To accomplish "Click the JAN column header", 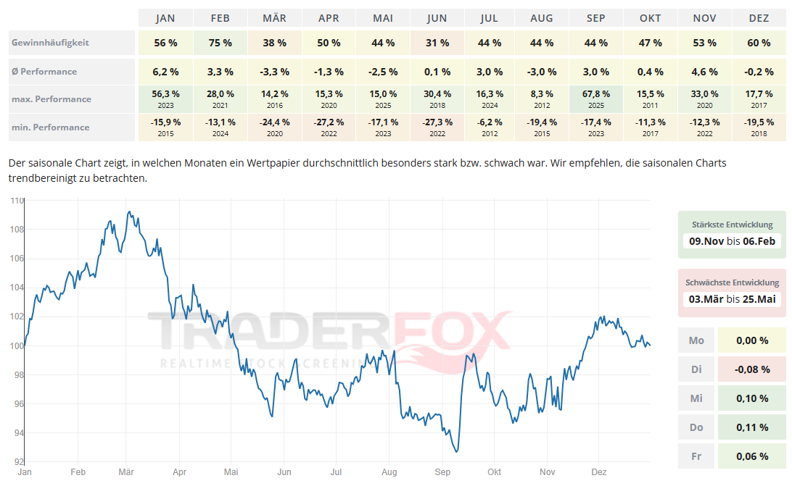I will [x=165, y=18].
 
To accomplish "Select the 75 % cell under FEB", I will [x=220, y=43].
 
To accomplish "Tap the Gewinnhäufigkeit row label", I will [x=50, y=43].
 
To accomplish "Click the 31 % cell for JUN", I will [x=437, y=43].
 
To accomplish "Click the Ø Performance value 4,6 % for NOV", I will [x=704, y=72].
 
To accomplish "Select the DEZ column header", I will [x=759, y=18].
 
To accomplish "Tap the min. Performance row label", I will [x=50, y=127].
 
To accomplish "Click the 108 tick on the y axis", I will [x=16, y=230].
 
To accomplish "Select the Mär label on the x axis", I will [x=125, y=472].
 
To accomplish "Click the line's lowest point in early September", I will [x=456, y=451].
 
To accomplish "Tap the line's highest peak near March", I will [x=128, y=211].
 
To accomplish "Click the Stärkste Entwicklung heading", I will [x=732, y=225].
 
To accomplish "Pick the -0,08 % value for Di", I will [x=751, y=369].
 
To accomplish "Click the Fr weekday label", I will [x=696, y=456].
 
